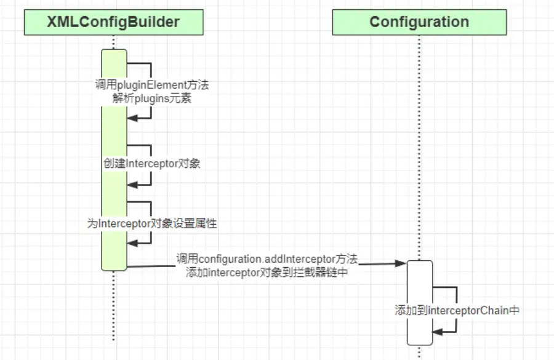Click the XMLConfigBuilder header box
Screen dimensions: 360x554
(113, 23)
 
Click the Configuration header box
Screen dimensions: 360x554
(419, 23)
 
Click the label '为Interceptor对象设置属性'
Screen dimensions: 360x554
(151, 223)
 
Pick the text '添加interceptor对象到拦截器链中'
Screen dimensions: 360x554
(267, 273)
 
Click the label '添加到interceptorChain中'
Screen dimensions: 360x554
(457, 311)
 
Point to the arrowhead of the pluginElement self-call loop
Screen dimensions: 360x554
(131, 118)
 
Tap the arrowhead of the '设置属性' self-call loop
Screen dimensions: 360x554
(131, 244)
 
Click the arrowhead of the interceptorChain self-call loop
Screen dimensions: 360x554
(436, 332)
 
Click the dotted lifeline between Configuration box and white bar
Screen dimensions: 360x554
(419, 148)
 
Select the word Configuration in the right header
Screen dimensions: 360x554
(419, 23)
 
